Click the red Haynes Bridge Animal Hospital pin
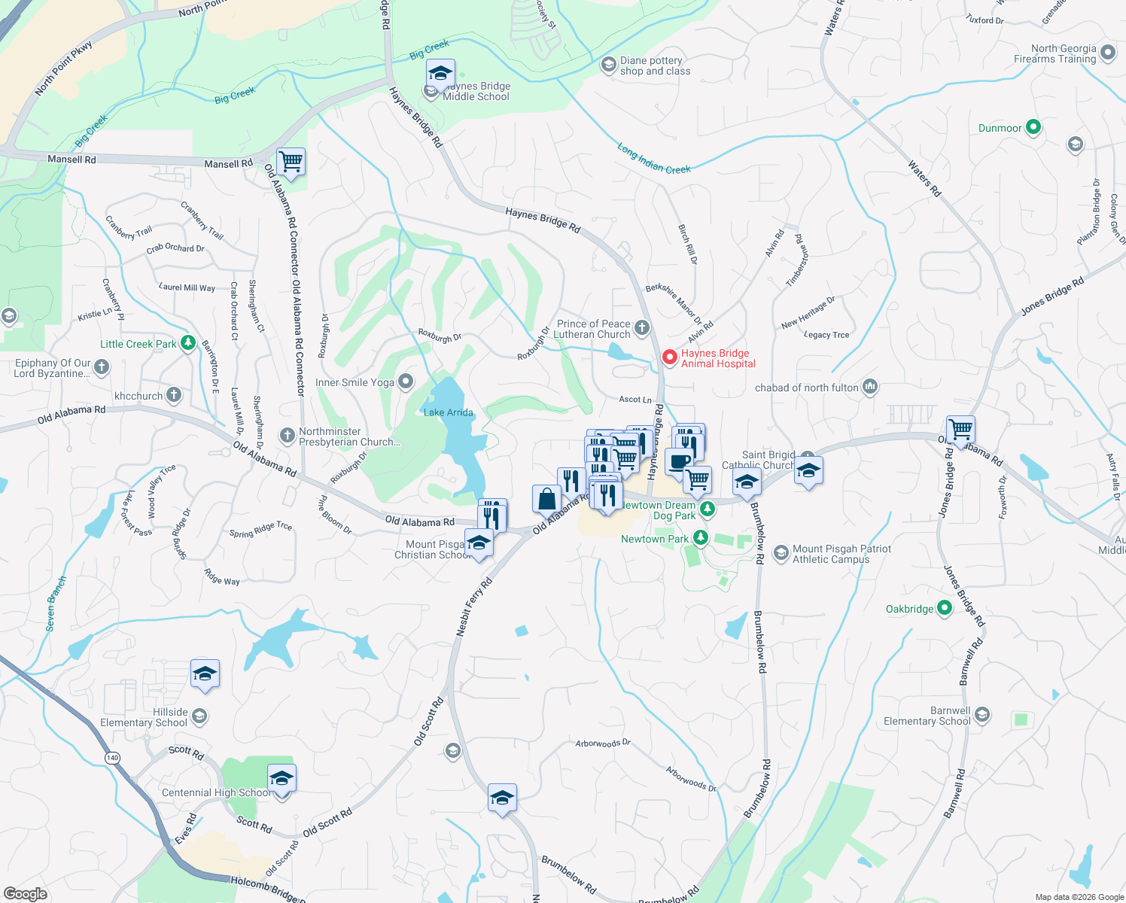[669, 357]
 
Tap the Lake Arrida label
[448, 412]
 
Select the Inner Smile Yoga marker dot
[406, 382]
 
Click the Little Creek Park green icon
[187, 344]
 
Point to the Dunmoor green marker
[1033, 127]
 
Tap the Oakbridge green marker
[945, 608]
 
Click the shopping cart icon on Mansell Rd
[291, 161]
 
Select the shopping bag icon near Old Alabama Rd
[546, 499]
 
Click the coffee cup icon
[678, 461]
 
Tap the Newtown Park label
[654, 539]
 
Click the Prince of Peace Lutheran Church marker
[641, 327]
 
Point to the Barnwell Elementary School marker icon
[981, 715]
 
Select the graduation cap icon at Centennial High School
[281, 778]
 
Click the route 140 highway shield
[112, 757]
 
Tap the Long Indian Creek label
[654, 159]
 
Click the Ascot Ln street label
[635, 400]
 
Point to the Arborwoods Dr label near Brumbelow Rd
[691, 778]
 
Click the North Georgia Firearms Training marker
[1107, 53]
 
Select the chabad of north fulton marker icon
[870, 387]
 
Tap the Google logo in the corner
[25, 894]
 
